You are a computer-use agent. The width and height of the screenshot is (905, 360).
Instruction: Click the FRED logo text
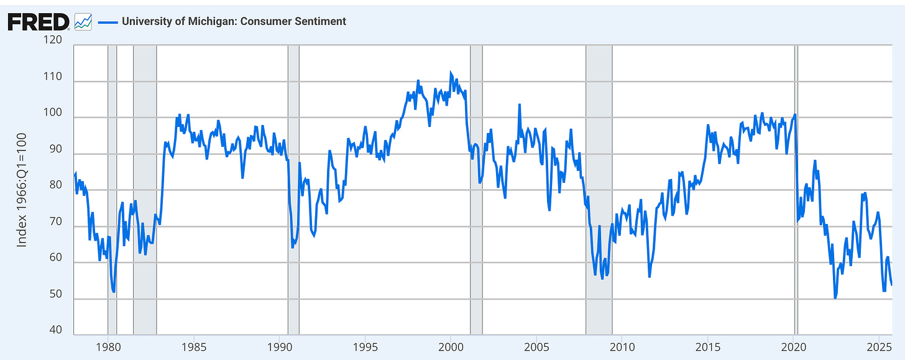[38, 22]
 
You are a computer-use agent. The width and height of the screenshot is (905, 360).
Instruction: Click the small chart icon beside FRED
[83, 22]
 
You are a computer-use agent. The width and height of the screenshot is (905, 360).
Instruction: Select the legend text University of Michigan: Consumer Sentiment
[234, 22]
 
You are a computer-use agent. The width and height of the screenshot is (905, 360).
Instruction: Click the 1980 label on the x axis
[108, 346]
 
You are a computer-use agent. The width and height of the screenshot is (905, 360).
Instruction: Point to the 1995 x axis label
[365, 346]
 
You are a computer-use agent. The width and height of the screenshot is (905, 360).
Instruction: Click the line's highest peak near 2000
[451, 73]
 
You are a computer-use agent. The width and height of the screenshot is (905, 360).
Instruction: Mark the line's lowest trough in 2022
[835, 298]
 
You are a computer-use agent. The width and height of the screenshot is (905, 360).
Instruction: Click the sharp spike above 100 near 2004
[519, 104]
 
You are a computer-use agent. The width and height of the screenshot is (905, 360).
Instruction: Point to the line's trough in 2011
[649, 276]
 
